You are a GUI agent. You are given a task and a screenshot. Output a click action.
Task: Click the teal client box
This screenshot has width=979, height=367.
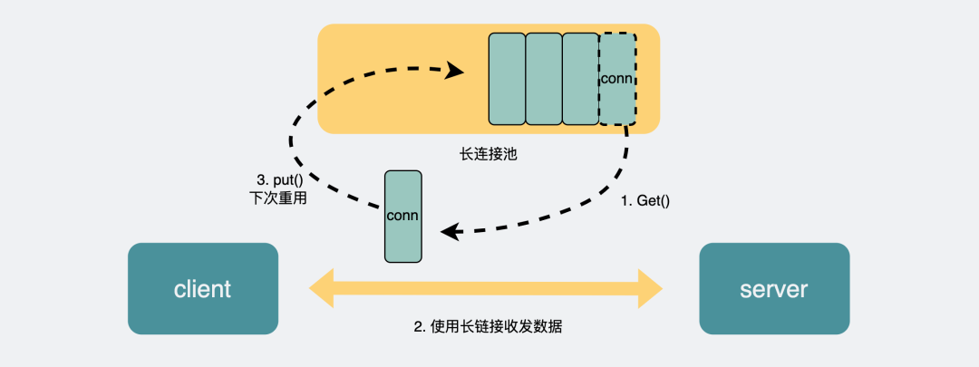coord(202,289)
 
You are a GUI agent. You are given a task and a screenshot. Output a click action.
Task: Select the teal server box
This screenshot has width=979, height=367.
coord(773,289)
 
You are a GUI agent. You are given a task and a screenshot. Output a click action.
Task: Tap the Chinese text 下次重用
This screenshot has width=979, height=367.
coord(277,198)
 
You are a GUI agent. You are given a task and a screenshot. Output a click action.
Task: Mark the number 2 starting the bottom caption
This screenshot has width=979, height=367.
coord(419,326)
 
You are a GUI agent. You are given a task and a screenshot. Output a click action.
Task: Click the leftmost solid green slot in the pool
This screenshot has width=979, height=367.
coord(507,79)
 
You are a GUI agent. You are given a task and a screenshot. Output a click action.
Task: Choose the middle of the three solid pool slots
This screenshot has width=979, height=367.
coord(544,79)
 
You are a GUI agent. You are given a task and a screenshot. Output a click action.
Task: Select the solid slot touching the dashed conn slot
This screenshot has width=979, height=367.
coord(580,79)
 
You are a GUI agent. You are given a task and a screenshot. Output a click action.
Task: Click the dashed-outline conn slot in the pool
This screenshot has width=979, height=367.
coord(617,79)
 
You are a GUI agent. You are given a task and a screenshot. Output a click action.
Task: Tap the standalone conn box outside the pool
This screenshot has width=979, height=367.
coord(402,216)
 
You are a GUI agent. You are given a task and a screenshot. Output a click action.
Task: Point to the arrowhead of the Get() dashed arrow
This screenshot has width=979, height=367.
coord(448,233)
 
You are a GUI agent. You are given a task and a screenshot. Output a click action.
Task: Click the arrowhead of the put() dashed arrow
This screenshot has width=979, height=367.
coord(456,70)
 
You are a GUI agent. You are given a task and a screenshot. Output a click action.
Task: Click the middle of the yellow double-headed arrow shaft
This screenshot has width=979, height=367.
coord(486,288)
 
